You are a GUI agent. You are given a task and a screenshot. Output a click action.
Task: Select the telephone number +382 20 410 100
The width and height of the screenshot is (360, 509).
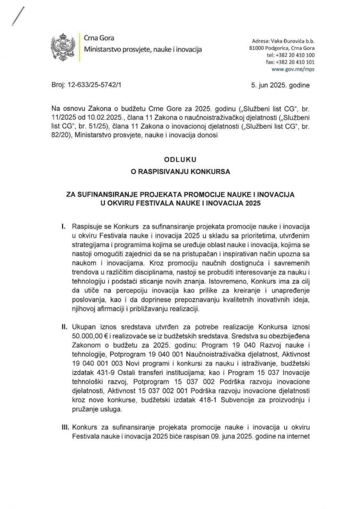pos(291,55)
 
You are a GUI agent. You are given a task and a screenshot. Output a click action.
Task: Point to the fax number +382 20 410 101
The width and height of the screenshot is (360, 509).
pos(291,62)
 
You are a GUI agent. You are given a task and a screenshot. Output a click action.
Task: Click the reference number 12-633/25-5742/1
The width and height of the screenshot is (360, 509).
pos(96,84)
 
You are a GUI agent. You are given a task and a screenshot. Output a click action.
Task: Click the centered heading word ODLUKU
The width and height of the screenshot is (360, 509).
pos(179,157)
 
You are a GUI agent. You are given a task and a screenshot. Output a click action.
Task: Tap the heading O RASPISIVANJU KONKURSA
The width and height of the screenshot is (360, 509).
pos(179,171)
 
